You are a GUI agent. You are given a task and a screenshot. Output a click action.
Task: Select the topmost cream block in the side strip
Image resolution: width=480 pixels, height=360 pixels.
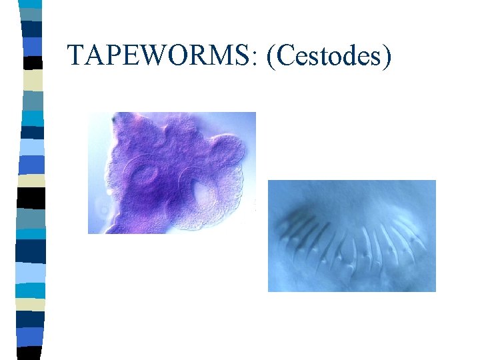[x=32, y=80]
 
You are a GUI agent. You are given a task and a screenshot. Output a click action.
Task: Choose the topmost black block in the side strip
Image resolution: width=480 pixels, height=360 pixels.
[x=32, y=61]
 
